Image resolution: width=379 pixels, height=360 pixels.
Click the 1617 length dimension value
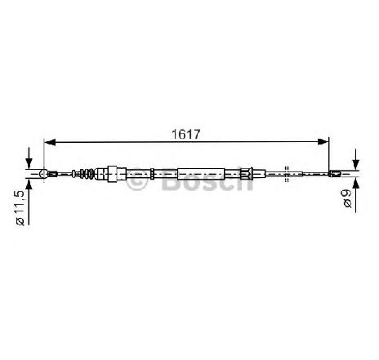(x=186, y=135)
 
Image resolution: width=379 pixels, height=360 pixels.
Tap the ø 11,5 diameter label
(x=20, y=208)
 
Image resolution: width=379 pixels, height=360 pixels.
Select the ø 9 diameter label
(x=348, y=198)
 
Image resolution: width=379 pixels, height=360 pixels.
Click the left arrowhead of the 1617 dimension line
(x=50, y=142)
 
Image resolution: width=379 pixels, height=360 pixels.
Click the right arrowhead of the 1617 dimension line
(x=323, y=141)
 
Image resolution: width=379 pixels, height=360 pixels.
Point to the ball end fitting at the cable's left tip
(x=43, y=173)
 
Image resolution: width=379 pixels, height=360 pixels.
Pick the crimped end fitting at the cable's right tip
(x=335, y=173)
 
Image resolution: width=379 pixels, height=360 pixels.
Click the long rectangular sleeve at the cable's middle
(x=201, y=174)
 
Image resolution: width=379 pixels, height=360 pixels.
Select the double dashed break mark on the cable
(x=286, y=174)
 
